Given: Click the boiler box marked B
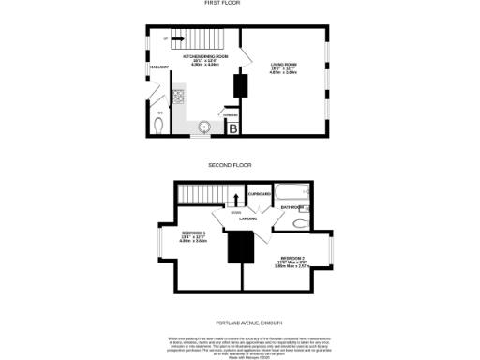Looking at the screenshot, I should coord(232,127).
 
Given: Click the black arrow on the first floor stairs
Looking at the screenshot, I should coord(176,38).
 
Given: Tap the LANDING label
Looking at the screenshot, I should coord(247,219).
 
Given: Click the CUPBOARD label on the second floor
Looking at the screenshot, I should coord(259,194).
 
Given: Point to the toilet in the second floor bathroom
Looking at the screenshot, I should coord(299,224).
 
